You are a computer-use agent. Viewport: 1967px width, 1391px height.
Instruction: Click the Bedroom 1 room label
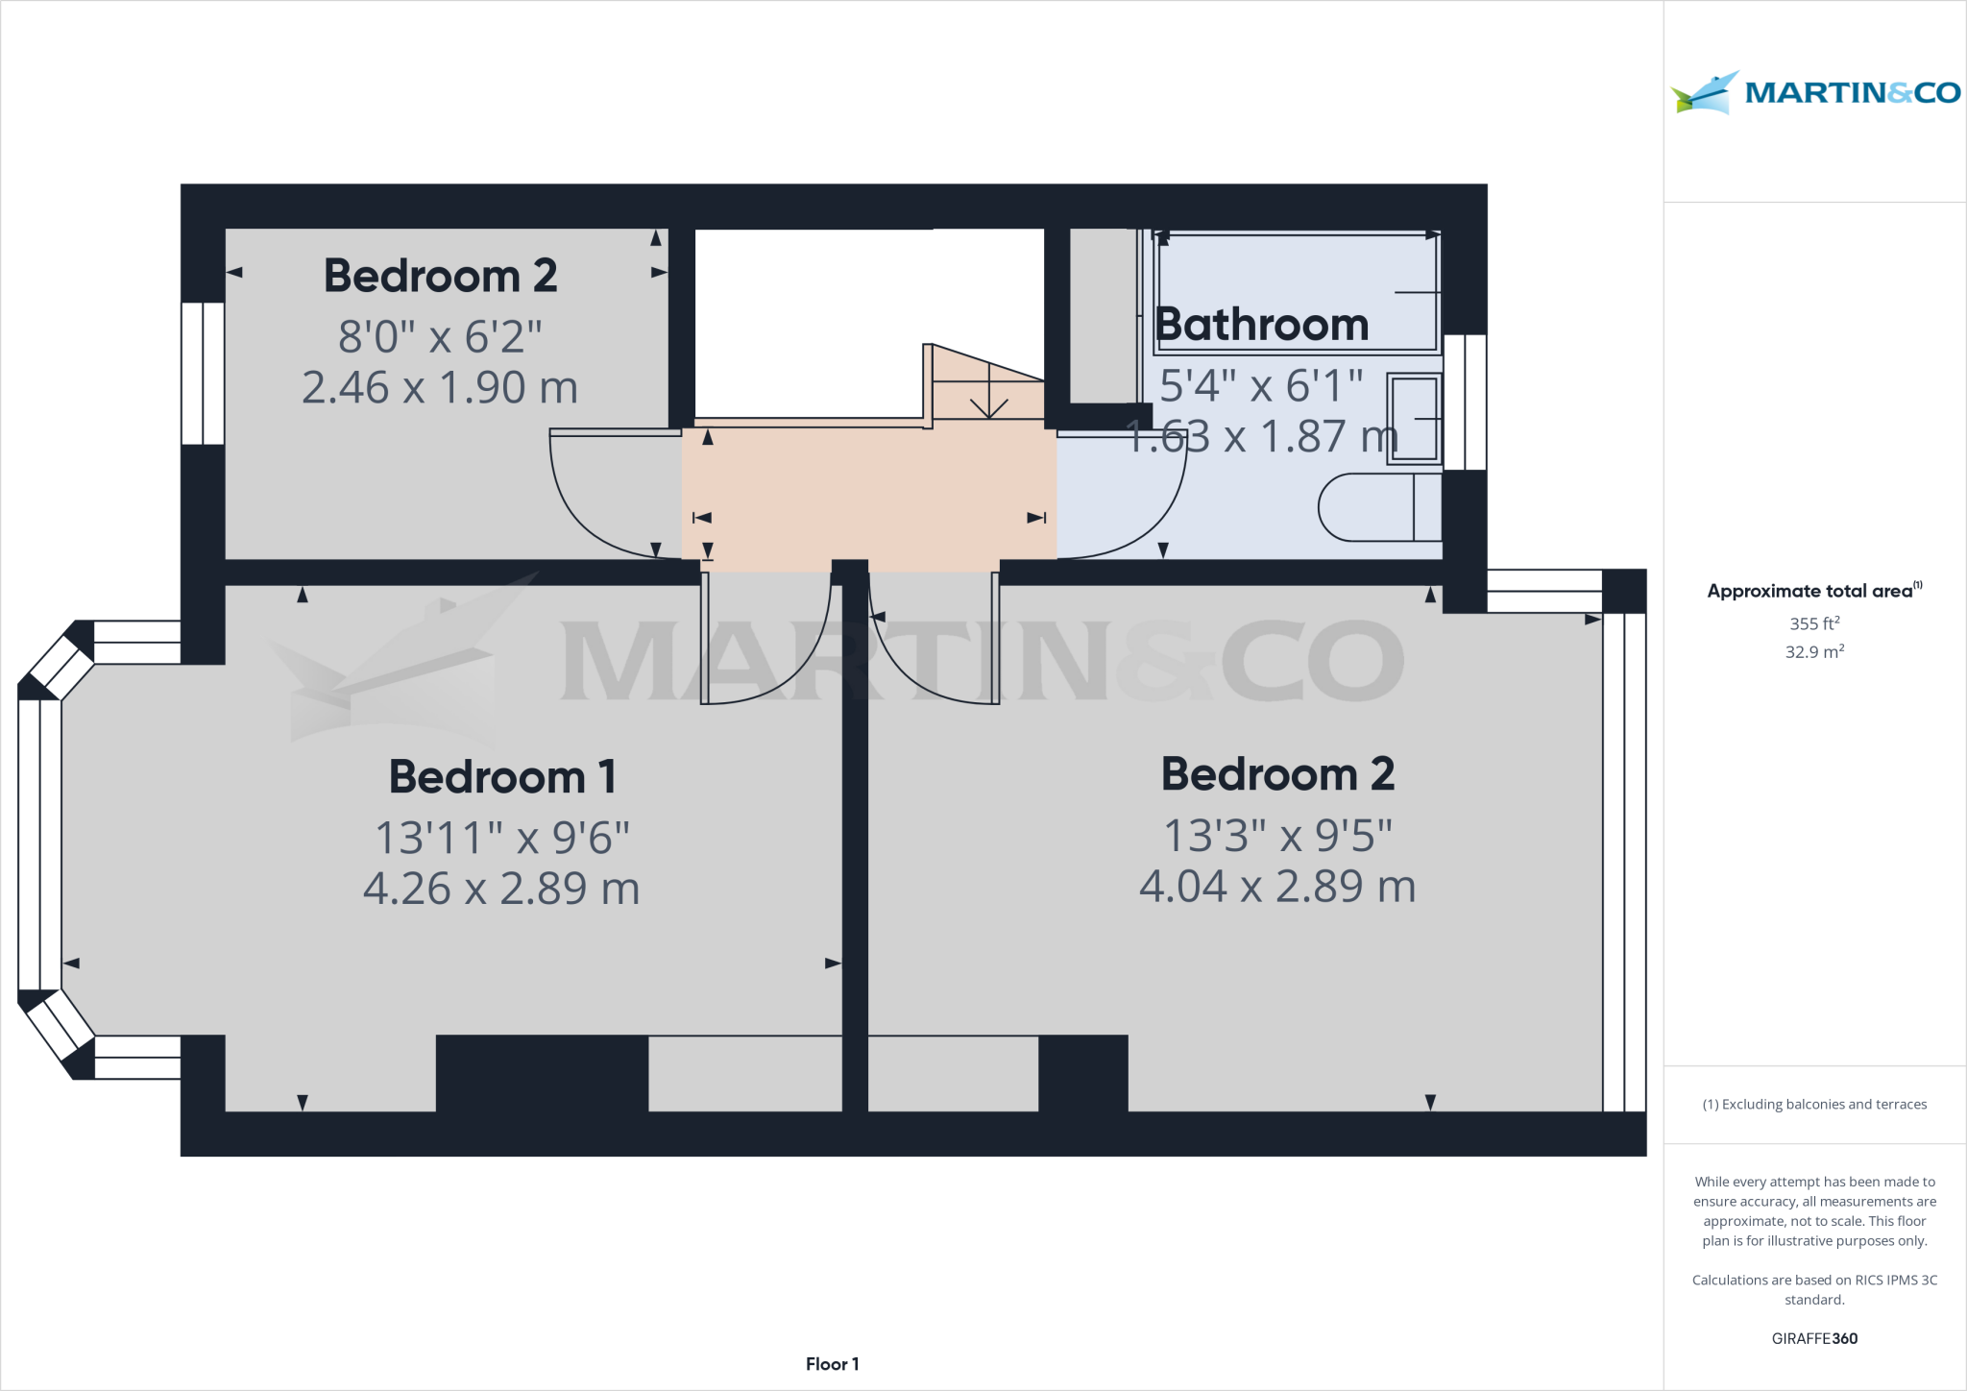coord(502,776)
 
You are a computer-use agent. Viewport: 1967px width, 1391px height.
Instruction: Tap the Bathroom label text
coord(1261,325)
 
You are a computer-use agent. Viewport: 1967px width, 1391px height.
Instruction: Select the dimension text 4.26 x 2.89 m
coord(501,889)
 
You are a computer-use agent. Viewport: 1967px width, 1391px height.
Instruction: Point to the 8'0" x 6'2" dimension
coord(440,337)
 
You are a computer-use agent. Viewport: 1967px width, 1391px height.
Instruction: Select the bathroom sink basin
coord(1414,419)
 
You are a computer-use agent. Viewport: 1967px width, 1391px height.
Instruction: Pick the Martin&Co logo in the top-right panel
coord(1815,93)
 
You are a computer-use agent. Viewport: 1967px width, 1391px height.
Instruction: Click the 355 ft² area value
coord(1814,623)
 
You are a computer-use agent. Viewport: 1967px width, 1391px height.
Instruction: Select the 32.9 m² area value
coord(1814,651)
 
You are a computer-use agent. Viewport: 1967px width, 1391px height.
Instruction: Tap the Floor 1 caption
coord(832,1364)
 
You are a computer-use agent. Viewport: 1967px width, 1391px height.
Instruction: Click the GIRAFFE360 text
coord(1814,1338)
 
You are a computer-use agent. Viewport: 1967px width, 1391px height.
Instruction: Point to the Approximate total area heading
coord(1813,591)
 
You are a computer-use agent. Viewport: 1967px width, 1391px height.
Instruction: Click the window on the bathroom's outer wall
coord(1465,402)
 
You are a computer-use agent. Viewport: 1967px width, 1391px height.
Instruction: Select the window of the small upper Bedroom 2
coord(203,373)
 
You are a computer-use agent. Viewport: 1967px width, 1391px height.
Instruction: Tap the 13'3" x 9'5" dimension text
coord(1277,836)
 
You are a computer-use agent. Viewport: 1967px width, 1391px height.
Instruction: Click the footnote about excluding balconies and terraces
coord(1814,1105)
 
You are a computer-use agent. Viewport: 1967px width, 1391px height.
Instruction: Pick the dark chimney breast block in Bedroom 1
coord(542,1073)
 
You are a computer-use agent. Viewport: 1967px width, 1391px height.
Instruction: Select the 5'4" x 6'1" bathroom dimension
coord(1260,386)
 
